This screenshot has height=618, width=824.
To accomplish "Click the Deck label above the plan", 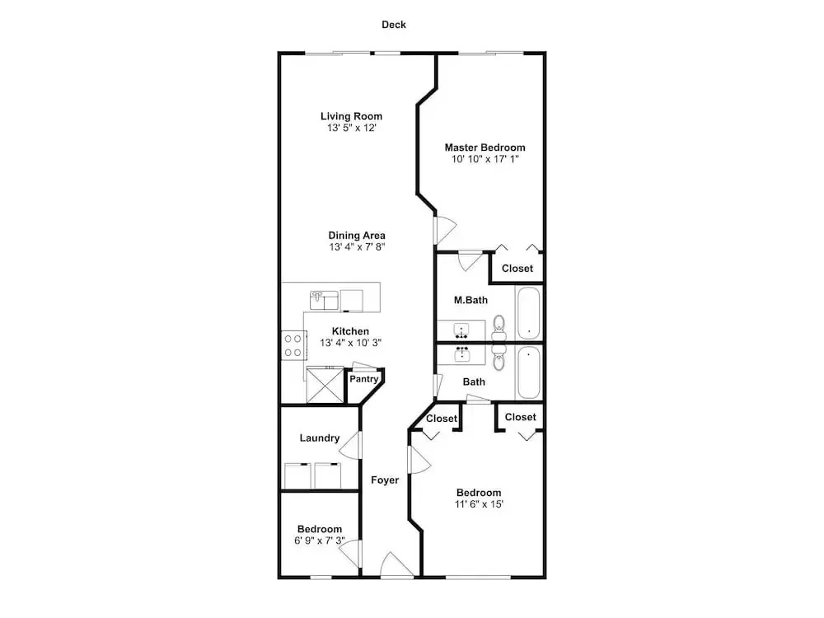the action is (x=394, y=25).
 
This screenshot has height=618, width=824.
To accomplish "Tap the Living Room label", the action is (x=352, y=116).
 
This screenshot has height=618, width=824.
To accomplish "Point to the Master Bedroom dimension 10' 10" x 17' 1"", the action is (x=485, y=159).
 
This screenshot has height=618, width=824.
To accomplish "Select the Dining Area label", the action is (x=357, y=236).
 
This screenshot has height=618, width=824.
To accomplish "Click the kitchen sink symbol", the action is (x=324, y=301).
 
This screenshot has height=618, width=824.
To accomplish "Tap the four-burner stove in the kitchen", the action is (x=293, y=346).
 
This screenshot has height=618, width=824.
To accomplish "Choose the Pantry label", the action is (x=363, y=379).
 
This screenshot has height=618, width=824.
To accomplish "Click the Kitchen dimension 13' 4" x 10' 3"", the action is (x=350, y=343).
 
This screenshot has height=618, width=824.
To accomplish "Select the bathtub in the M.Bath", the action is (x=529, y=312).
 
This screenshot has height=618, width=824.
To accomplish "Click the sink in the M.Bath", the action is (x=461, y=331).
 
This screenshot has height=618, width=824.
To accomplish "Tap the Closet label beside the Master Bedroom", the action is (x=517, y=269).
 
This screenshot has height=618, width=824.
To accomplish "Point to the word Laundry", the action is (x=320, y=438).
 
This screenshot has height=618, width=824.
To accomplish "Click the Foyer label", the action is (x=385, y=480).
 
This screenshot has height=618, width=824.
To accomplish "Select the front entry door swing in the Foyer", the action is (x=396, y=565).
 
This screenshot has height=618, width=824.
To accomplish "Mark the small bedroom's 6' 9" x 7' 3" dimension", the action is (x=320, y=541).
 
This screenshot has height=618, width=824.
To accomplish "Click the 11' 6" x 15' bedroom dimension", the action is (x=479, y=504).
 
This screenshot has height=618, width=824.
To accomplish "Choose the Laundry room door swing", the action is (x=350, y=445).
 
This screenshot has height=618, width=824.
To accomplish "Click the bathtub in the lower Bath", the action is (x=529, y=372).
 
